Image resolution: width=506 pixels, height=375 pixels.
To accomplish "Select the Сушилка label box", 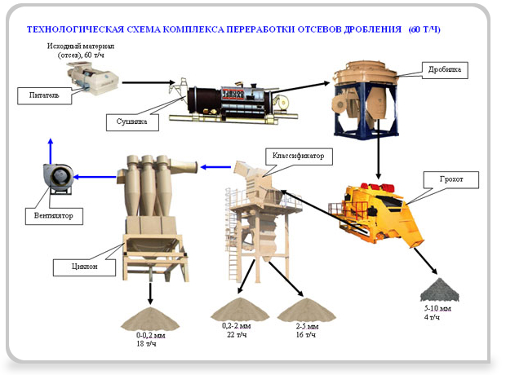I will [127, 121].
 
